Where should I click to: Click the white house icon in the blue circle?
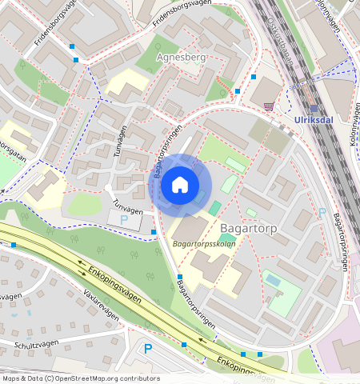180,186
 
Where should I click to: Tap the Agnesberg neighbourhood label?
182,58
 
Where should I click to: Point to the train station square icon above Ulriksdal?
314,109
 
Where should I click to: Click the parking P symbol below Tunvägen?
123,219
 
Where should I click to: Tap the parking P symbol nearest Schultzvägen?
147,349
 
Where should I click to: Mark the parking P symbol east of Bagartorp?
322,213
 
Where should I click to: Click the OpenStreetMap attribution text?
81,378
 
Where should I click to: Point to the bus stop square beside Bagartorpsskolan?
179,276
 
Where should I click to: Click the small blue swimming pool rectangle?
273,281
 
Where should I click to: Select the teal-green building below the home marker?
215,208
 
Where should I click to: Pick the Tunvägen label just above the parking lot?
127,207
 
